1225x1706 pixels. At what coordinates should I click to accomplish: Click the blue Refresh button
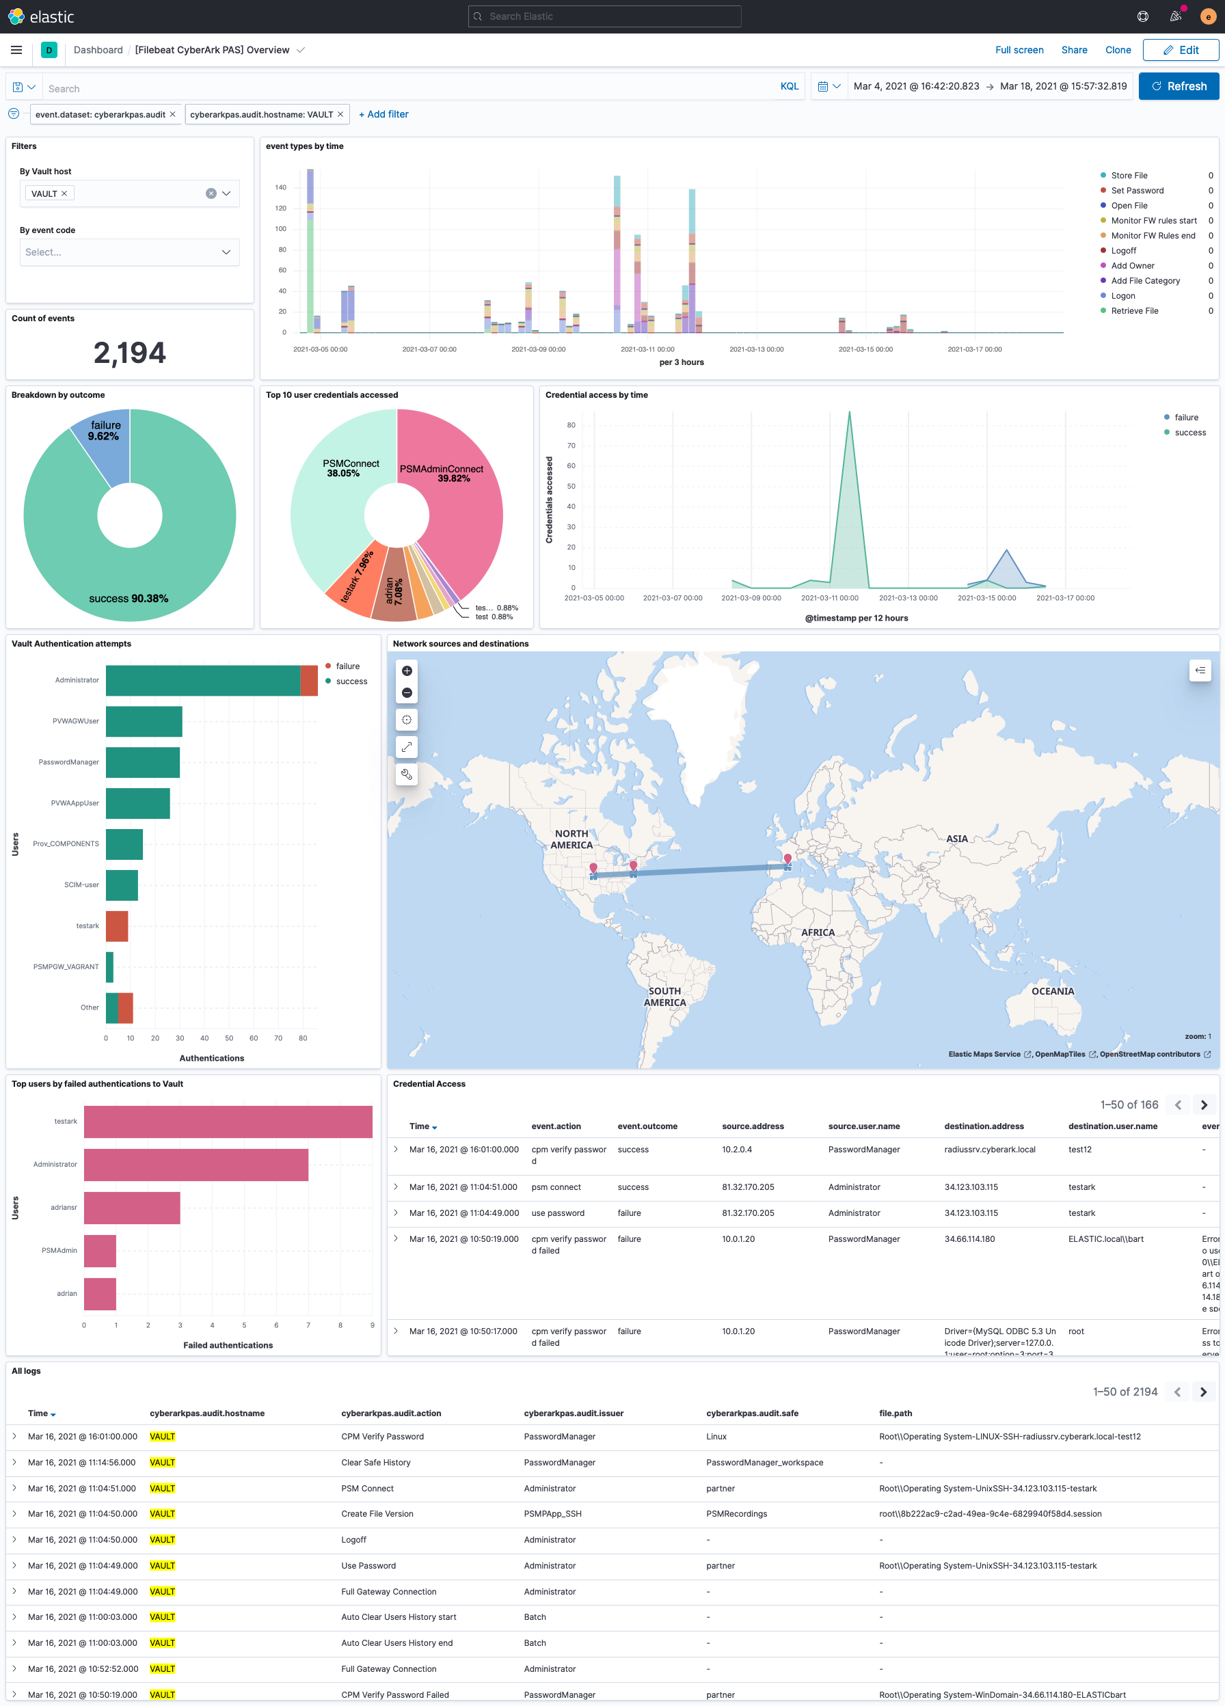pyautogui.click(x=1178, y=87)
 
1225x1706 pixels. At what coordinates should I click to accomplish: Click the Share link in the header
pyautogui.click(x=1073, y=51)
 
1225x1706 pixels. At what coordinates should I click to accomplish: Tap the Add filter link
pyautogui.click(x=383, y=114)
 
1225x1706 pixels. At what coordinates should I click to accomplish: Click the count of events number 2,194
pyautogui.click(x=129, y=353)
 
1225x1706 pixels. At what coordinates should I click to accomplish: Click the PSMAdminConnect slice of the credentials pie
pyautogui.click(x=459, y=496)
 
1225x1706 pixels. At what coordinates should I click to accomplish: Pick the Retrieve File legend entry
pyautogui.click(x=1134, y=311)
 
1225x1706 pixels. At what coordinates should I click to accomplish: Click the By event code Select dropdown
pyautogui.click(x=129, y=253)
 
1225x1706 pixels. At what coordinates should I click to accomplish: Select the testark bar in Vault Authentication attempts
pyautogui.click(x=117, y=926)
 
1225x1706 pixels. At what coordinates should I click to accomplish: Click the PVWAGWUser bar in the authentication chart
pyautogui.click(x=144, y=721)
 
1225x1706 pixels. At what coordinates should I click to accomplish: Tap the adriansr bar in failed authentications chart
pyautogui.click(x=132, y=1207)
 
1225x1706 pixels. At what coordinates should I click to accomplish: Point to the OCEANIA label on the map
pyautogui.click(x=1052, y=991)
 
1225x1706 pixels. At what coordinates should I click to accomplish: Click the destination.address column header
pyautogui.click(x=984, y=1126)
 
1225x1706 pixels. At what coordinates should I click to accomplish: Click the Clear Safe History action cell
pyautogui.click(x=375, y=1462)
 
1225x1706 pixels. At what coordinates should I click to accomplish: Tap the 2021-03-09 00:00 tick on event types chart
pyautogui.click(x=538, y=350)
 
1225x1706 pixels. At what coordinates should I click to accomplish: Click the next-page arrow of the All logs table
pyautogui.click(x=1203, y=1392)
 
